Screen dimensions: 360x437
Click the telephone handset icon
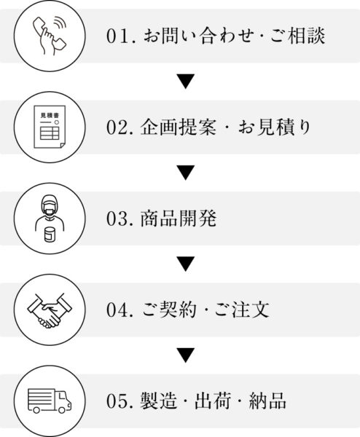pos(50,36)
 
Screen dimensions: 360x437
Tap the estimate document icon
pos(50,127)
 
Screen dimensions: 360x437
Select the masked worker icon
pos(50,213)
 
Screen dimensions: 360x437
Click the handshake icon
pos(50,310)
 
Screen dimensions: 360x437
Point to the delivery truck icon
pos(50,401)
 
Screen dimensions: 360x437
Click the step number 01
pos(117,36)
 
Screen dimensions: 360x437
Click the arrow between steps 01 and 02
pos(186,82)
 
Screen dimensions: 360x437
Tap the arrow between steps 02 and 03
pos(186,173)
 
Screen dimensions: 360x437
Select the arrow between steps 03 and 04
pos(186,264)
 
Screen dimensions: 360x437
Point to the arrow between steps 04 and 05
pos(186,355)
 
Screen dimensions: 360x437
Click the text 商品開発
pos(179,219)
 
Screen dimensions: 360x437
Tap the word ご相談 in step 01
pos(297,36)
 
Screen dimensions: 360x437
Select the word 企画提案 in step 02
pos(179,127)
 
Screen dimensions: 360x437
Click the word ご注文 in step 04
pos(241,310)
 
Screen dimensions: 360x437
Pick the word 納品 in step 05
pos(267,401)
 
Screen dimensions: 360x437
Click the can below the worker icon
pos(50,235)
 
